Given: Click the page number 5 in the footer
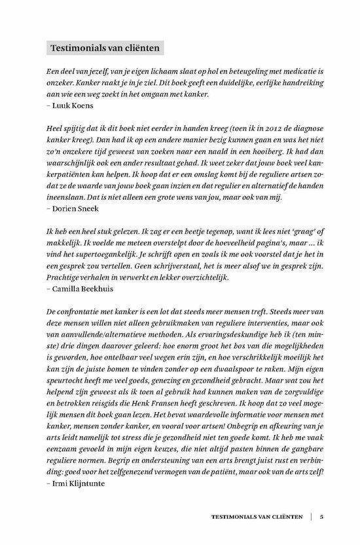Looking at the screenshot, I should pos(321,516).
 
